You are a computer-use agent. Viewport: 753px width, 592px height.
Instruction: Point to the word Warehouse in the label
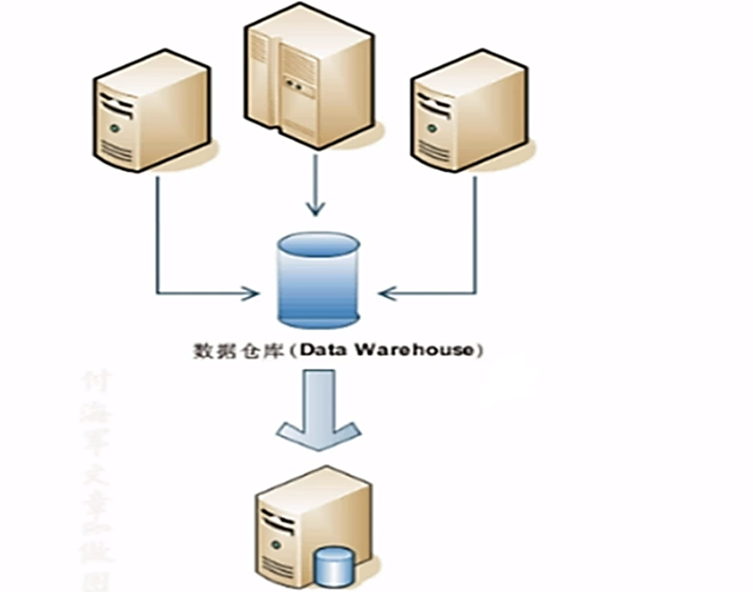click(435, 348)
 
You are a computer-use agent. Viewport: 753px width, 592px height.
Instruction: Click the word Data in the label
click(369, 348)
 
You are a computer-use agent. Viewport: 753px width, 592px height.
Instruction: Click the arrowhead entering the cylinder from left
click(255, 291)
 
